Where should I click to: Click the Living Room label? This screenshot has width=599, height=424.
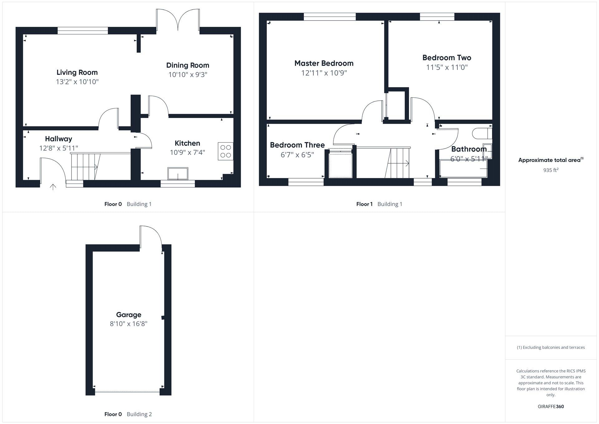tap(77, 72)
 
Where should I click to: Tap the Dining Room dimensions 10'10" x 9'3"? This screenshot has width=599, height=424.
tap(187, 75)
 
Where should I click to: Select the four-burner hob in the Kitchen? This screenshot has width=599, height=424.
tap(226, 151)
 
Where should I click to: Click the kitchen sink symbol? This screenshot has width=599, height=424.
tap(178, 174)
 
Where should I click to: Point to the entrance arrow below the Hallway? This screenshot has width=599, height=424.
tap(53, 187)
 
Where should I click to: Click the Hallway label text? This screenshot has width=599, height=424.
tap(58, 139)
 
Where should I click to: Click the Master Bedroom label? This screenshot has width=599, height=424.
tap(324, 63)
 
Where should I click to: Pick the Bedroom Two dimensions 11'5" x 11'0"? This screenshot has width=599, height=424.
tap(447, 67)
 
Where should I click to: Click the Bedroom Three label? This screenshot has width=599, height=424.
tap(297, 145)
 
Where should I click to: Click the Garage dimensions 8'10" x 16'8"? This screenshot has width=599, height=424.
tap(129, 324)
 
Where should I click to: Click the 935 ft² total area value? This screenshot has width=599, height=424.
tap(551, 170)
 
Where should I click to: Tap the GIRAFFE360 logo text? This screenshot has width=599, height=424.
tap(551, 407)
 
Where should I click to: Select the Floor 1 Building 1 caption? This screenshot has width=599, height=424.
tap(379, 204)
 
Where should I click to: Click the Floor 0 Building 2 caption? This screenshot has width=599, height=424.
tap(128, 414)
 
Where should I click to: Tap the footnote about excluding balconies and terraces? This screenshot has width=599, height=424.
tap(551, 348)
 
